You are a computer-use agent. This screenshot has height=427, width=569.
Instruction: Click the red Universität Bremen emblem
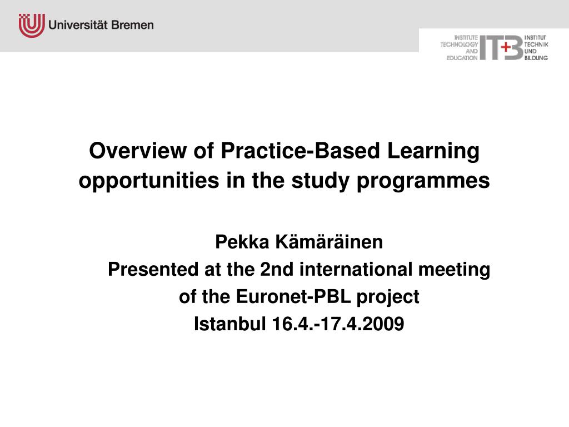[x=32, y=26]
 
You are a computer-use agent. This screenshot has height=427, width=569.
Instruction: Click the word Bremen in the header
[x=132, y=25]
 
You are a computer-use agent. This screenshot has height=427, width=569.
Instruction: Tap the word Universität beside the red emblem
[x=78, y=25]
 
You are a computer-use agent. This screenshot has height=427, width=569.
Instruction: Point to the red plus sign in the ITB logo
[x=506, y=47]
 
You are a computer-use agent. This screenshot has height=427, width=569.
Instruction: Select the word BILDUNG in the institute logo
[x=536, y=58]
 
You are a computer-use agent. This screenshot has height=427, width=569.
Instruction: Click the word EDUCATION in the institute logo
[x=462, y=58]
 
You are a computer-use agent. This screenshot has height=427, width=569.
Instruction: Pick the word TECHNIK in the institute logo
[x=536, y=44]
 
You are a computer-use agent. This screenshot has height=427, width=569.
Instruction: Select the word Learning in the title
[x=433, y=151]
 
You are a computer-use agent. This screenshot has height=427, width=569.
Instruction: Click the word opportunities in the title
[x=149, y=181]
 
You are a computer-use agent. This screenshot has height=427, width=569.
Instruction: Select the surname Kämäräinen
[x=329, y=241]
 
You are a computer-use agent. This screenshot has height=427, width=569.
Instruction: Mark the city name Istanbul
[x=229, y=324]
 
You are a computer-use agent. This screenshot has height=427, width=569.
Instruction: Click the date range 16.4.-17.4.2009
[x=338, y=324]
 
